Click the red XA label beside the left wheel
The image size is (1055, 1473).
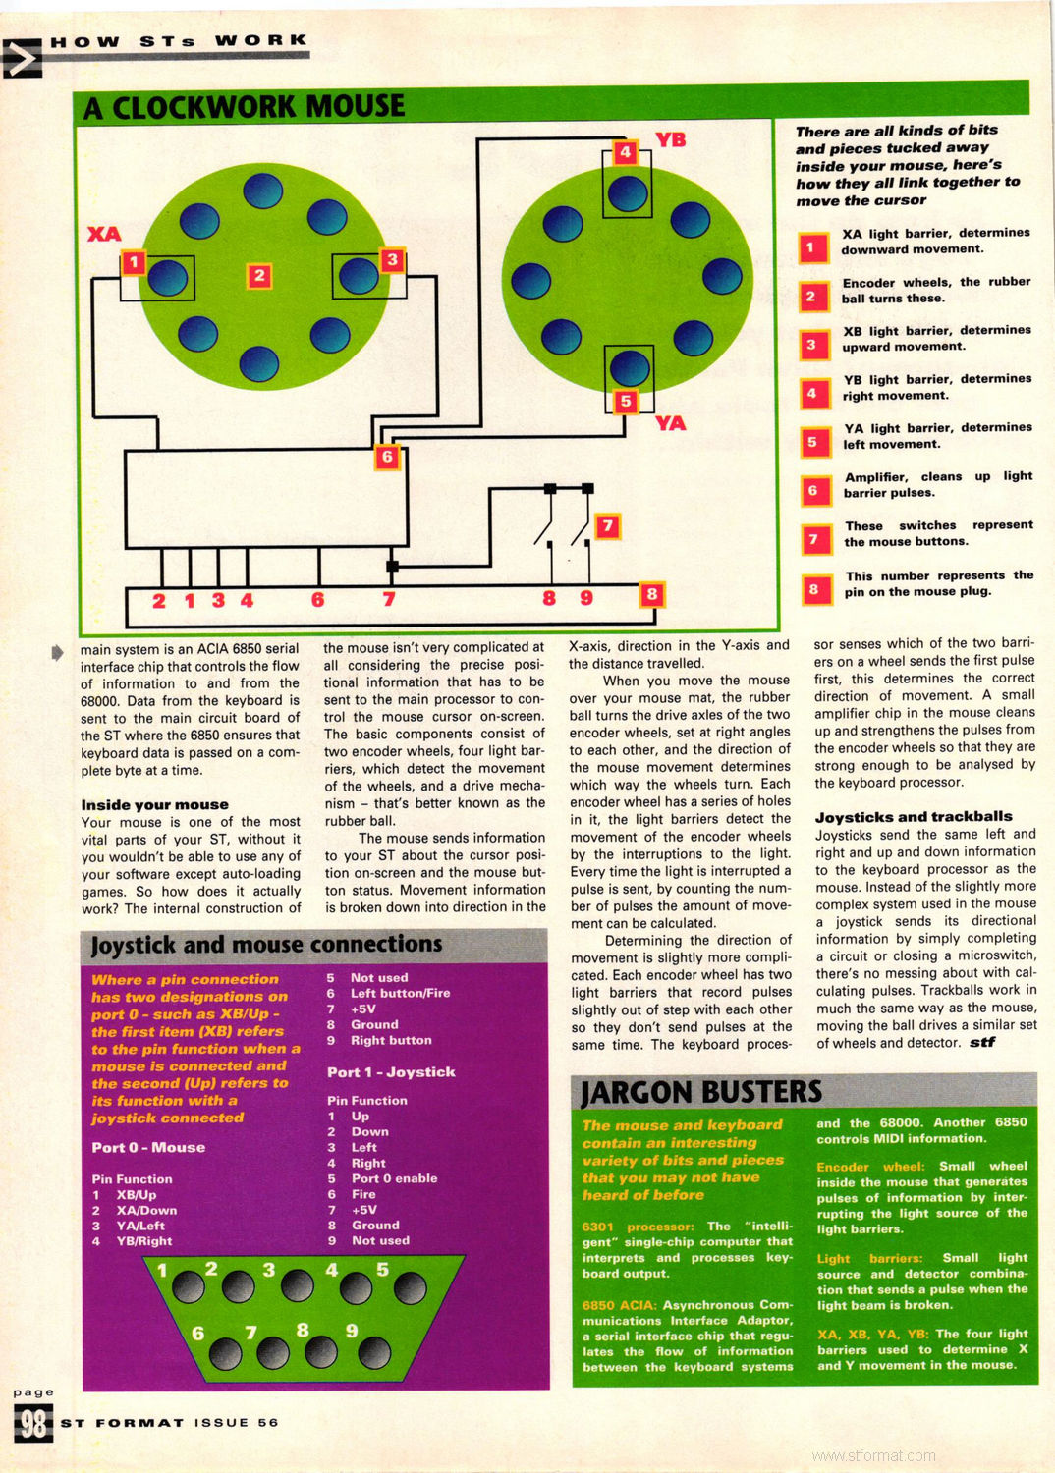pos(104,234)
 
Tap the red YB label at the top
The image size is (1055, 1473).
pos(670,139)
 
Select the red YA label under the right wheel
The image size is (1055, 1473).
pos(670,423)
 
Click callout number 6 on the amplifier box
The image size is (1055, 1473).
pos(387,457)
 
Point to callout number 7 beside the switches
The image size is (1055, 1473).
pos(607,525)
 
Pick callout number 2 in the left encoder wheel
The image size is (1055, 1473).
pos(259,276)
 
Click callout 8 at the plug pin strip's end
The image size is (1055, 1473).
pos(650,594)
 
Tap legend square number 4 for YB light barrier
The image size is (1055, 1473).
pos(811,394)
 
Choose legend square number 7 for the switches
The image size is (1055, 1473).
pos(813,540)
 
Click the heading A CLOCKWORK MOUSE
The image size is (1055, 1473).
pos(245,107)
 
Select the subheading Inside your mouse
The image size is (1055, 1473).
pos(154,804)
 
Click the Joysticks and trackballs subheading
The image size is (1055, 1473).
pos(913,816)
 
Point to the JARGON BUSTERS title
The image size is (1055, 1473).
pos(700,1092)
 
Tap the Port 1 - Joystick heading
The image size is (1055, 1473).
pos(391,1072)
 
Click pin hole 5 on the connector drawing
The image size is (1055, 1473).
pos(410,1287)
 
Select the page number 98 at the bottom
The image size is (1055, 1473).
pos(32,1423)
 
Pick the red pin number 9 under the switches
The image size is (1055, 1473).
pos(586,598)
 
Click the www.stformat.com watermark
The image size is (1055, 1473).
pos(873,1455)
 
